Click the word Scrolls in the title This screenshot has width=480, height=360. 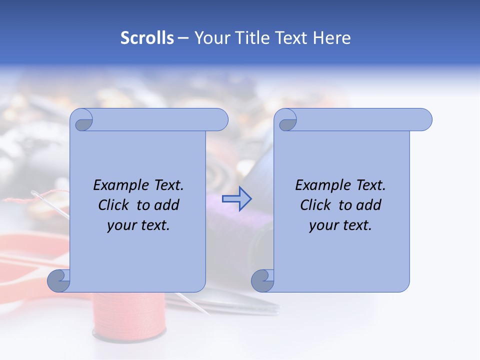pyautogui.click(x=147, y=38)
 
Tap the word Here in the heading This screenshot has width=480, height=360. pyautogui.click(x=332, y=38)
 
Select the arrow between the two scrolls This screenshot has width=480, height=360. pyautogui.click(x=236, y=199)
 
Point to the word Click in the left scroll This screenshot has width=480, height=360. pyautogui.click(x=115, y=205)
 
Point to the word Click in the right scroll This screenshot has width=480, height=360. pyautogui.click(x=317, y=205)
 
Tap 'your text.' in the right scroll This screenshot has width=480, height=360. pyautogui.click(x=340, y=225)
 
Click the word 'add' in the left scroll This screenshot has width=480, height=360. pyautogui.click(x=167, y=205)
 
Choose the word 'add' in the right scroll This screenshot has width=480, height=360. pyautogui.click(x=369, y=205)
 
